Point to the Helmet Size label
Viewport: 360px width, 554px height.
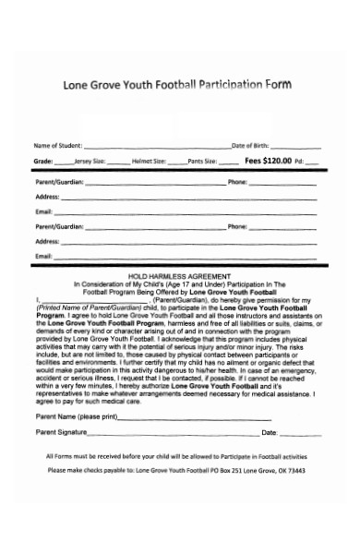click(x=149, y=161)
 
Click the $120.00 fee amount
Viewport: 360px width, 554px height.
click(x=278, y=161)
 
